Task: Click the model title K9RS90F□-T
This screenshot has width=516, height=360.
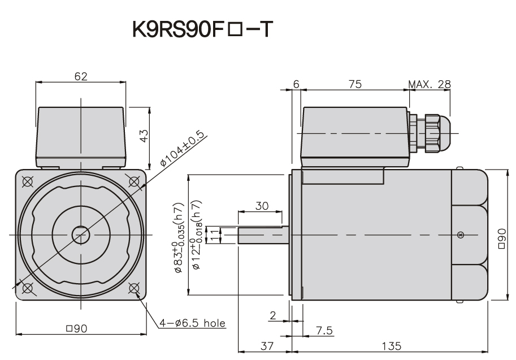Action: (x=202, y=29)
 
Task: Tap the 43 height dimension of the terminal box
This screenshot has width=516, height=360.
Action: (x=144, y=136)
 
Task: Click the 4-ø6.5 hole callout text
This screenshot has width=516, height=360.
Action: (x=192, y=323)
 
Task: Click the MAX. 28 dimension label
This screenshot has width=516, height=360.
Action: (x=430, y=85)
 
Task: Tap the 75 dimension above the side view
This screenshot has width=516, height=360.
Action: (x=354, y=85)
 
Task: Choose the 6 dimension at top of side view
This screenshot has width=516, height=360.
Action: (x=296, y=85)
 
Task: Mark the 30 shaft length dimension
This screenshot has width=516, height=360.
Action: (x=261, y=206)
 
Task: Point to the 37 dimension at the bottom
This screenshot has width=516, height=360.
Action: (x=264, y=345)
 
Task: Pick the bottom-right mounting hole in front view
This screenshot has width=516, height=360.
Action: (x=135, y=288)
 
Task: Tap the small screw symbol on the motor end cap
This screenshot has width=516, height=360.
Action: (x=461, y=235)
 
